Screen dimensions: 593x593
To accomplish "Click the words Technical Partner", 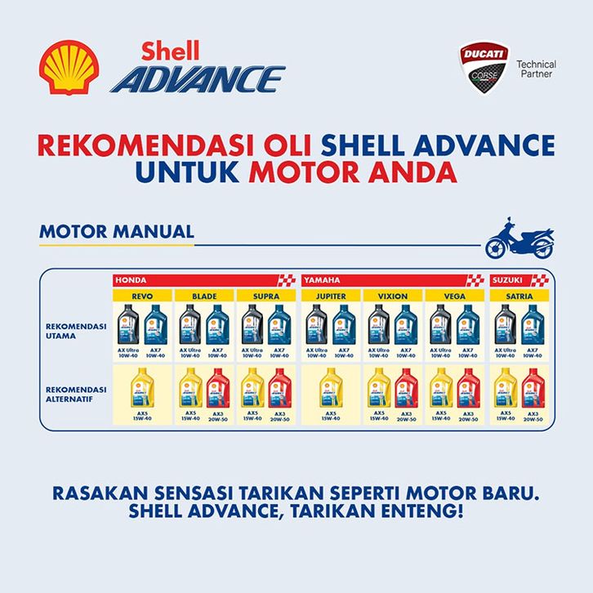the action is (537, 69).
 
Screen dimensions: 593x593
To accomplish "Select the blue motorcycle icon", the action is (519, 239).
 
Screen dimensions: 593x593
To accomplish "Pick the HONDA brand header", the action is (132, 279).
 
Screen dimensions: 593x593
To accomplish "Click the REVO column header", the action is (142, 296).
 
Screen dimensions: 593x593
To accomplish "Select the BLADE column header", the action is (204, 296).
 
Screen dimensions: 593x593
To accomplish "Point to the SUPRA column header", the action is (267, 296).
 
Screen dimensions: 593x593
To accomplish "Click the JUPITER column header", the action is (330, 296).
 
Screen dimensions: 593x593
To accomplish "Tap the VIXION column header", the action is (393, 296).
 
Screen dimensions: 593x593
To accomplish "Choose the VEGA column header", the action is (456, 296).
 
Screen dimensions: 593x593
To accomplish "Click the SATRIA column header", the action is (519, 296).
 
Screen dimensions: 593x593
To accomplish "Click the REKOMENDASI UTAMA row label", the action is (76, 329).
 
